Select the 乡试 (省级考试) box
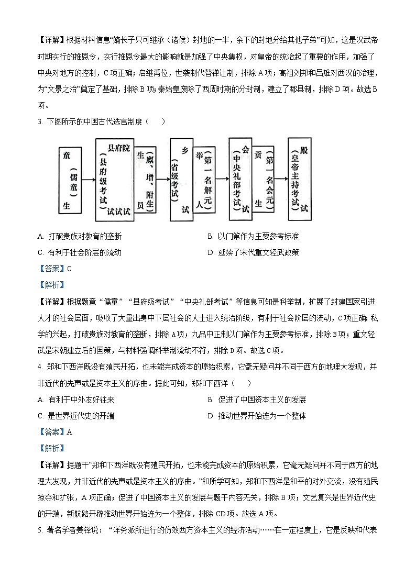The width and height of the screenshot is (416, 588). coord(181,180)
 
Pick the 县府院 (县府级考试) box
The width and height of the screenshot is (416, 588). coord(113,180)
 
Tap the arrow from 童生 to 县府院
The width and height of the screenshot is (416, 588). coord(88,180)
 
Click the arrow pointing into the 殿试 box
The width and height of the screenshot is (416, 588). coord(281,180)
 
